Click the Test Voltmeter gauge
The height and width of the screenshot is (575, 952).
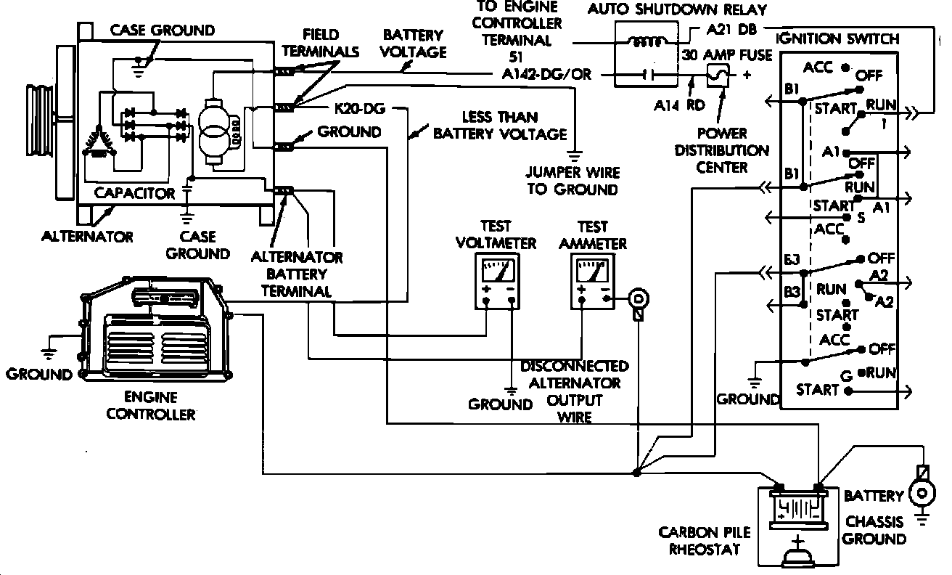[x=496, y=281]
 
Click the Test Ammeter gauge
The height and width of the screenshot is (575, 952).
[x=592, y=281]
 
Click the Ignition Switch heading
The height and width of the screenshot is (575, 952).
[x=837, y=38]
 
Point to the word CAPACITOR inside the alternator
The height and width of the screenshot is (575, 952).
[x=135, y=193]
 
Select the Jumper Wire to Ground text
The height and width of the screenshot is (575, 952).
[x=573, y=181]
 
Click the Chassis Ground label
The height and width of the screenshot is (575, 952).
[x=874, y=530]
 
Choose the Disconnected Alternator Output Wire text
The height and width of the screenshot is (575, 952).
[x=574, y=391]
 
